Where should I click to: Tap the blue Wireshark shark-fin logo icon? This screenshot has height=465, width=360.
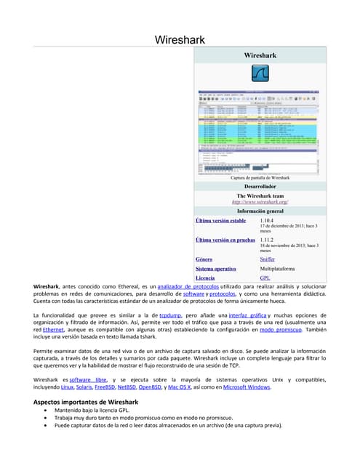(260, 74)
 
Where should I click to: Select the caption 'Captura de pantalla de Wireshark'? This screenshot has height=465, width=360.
(260, 178)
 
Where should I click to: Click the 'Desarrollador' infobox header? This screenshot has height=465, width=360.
(260, 187)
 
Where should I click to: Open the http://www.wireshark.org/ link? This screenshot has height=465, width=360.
(260, 202)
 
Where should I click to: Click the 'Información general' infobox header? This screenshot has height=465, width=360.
(260, 211)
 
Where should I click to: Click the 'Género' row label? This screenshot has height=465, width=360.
(204, 259)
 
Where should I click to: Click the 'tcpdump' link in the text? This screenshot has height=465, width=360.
(170, 315)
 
